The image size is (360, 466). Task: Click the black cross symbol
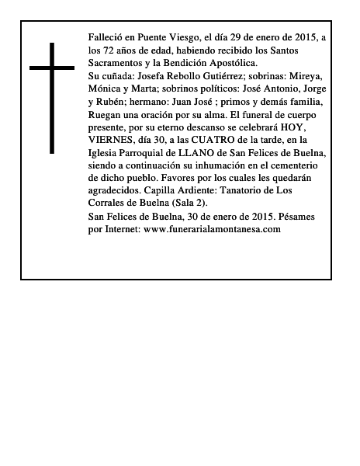[51, 97]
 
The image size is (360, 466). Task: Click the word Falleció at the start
[106, 37]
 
